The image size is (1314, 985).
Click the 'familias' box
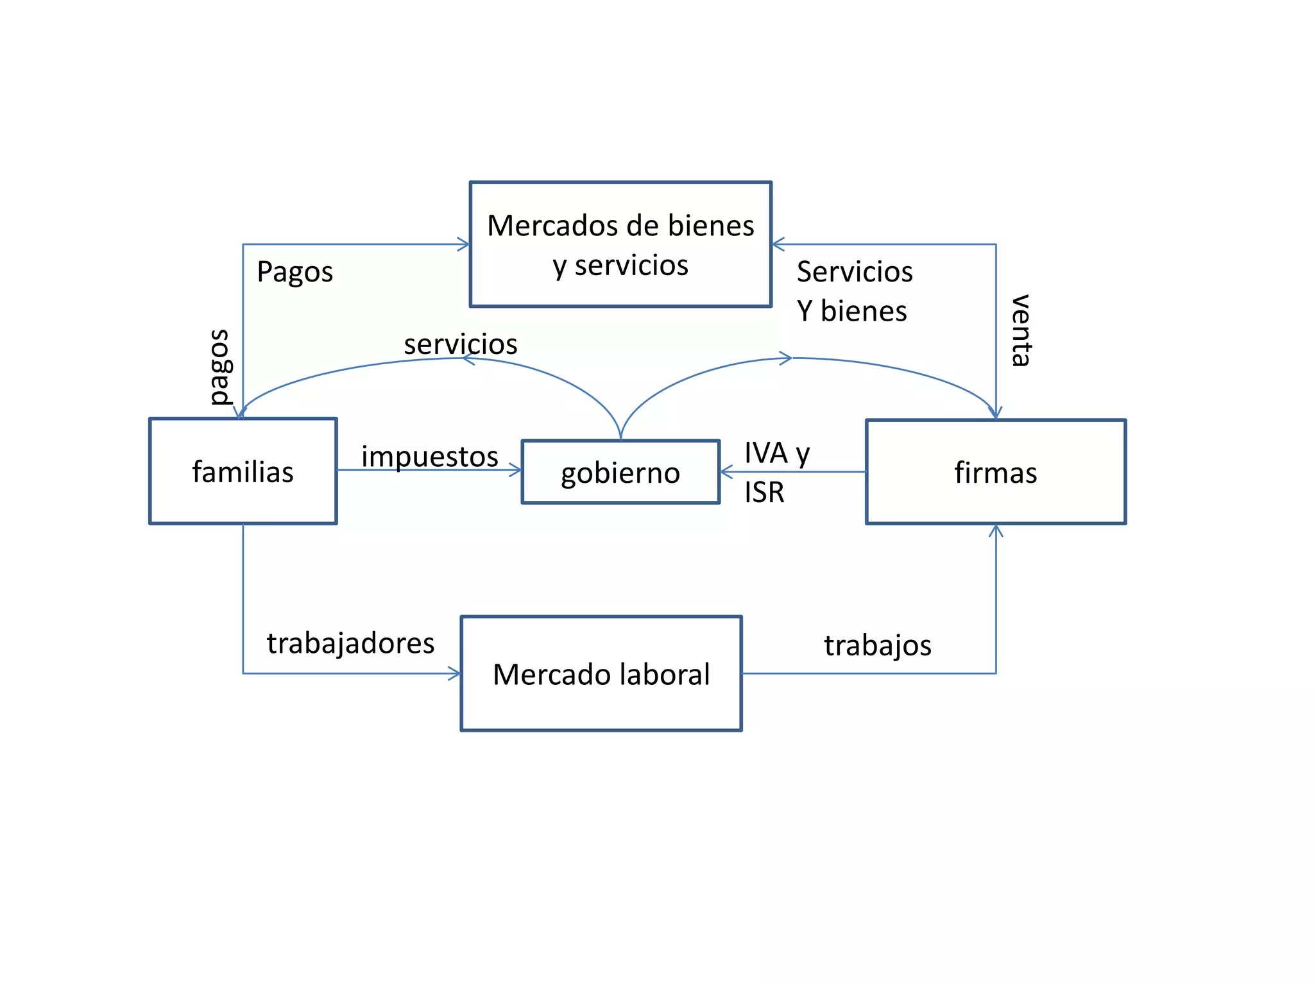point(243,471)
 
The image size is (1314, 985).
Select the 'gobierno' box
point(620,473)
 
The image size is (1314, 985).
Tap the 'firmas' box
point(995,472)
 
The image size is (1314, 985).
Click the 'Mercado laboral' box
point(601,673)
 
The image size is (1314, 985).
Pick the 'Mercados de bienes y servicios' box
point(620,244)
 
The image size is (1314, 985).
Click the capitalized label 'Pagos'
point(294,272)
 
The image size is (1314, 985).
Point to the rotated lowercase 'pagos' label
point(220,367)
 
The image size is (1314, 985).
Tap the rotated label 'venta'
point(1020,331)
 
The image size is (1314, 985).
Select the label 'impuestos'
point(429,457)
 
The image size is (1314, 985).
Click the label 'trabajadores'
point(350,643)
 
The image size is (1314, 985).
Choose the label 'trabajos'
point(877,645)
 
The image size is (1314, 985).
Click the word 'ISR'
point(764,492)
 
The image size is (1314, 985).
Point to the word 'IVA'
point(765,453)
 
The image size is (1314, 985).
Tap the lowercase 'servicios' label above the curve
point(460,344)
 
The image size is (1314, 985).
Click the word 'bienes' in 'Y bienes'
point(864,311)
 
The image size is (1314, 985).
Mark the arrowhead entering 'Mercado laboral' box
point(455,673)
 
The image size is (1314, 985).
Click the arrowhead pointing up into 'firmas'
point(996,530)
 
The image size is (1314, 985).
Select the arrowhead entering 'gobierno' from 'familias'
point(516,470)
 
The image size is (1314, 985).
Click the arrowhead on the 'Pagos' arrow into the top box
point(464,244)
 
